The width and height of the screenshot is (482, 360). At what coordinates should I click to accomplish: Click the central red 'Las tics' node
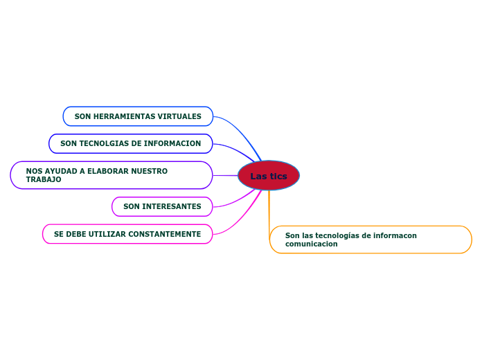[x=269, y=176]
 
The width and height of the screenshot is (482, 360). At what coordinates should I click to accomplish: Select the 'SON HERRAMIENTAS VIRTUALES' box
[x=138, y=116]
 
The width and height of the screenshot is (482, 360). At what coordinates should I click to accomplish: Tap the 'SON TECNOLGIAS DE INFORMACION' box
[x=130, y=144]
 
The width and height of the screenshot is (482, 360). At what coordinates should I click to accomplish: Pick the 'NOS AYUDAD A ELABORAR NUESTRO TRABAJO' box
[x=111, y=175]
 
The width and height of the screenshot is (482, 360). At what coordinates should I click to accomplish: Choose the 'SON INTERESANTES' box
[x=162, y=206]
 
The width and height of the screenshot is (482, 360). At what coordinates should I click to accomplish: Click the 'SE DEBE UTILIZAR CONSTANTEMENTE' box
[x=127, y=234]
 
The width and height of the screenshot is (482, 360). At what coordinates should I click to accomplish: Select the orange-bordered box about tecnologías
[x=371, y=240]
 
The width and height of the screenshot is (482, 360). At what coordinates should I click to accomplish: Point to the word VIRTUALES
[x=179, y=116]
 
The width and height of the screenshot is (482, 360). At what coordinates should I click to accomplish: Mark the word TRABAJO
[x=44, y=180]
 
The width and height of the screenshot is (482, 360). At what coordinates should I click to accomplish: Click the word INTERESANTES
[x=172, y=206]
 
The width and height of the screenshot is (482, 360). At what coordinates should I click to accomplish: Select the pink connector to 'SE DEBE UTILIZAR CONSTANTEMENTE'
[x=242, y=219]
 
